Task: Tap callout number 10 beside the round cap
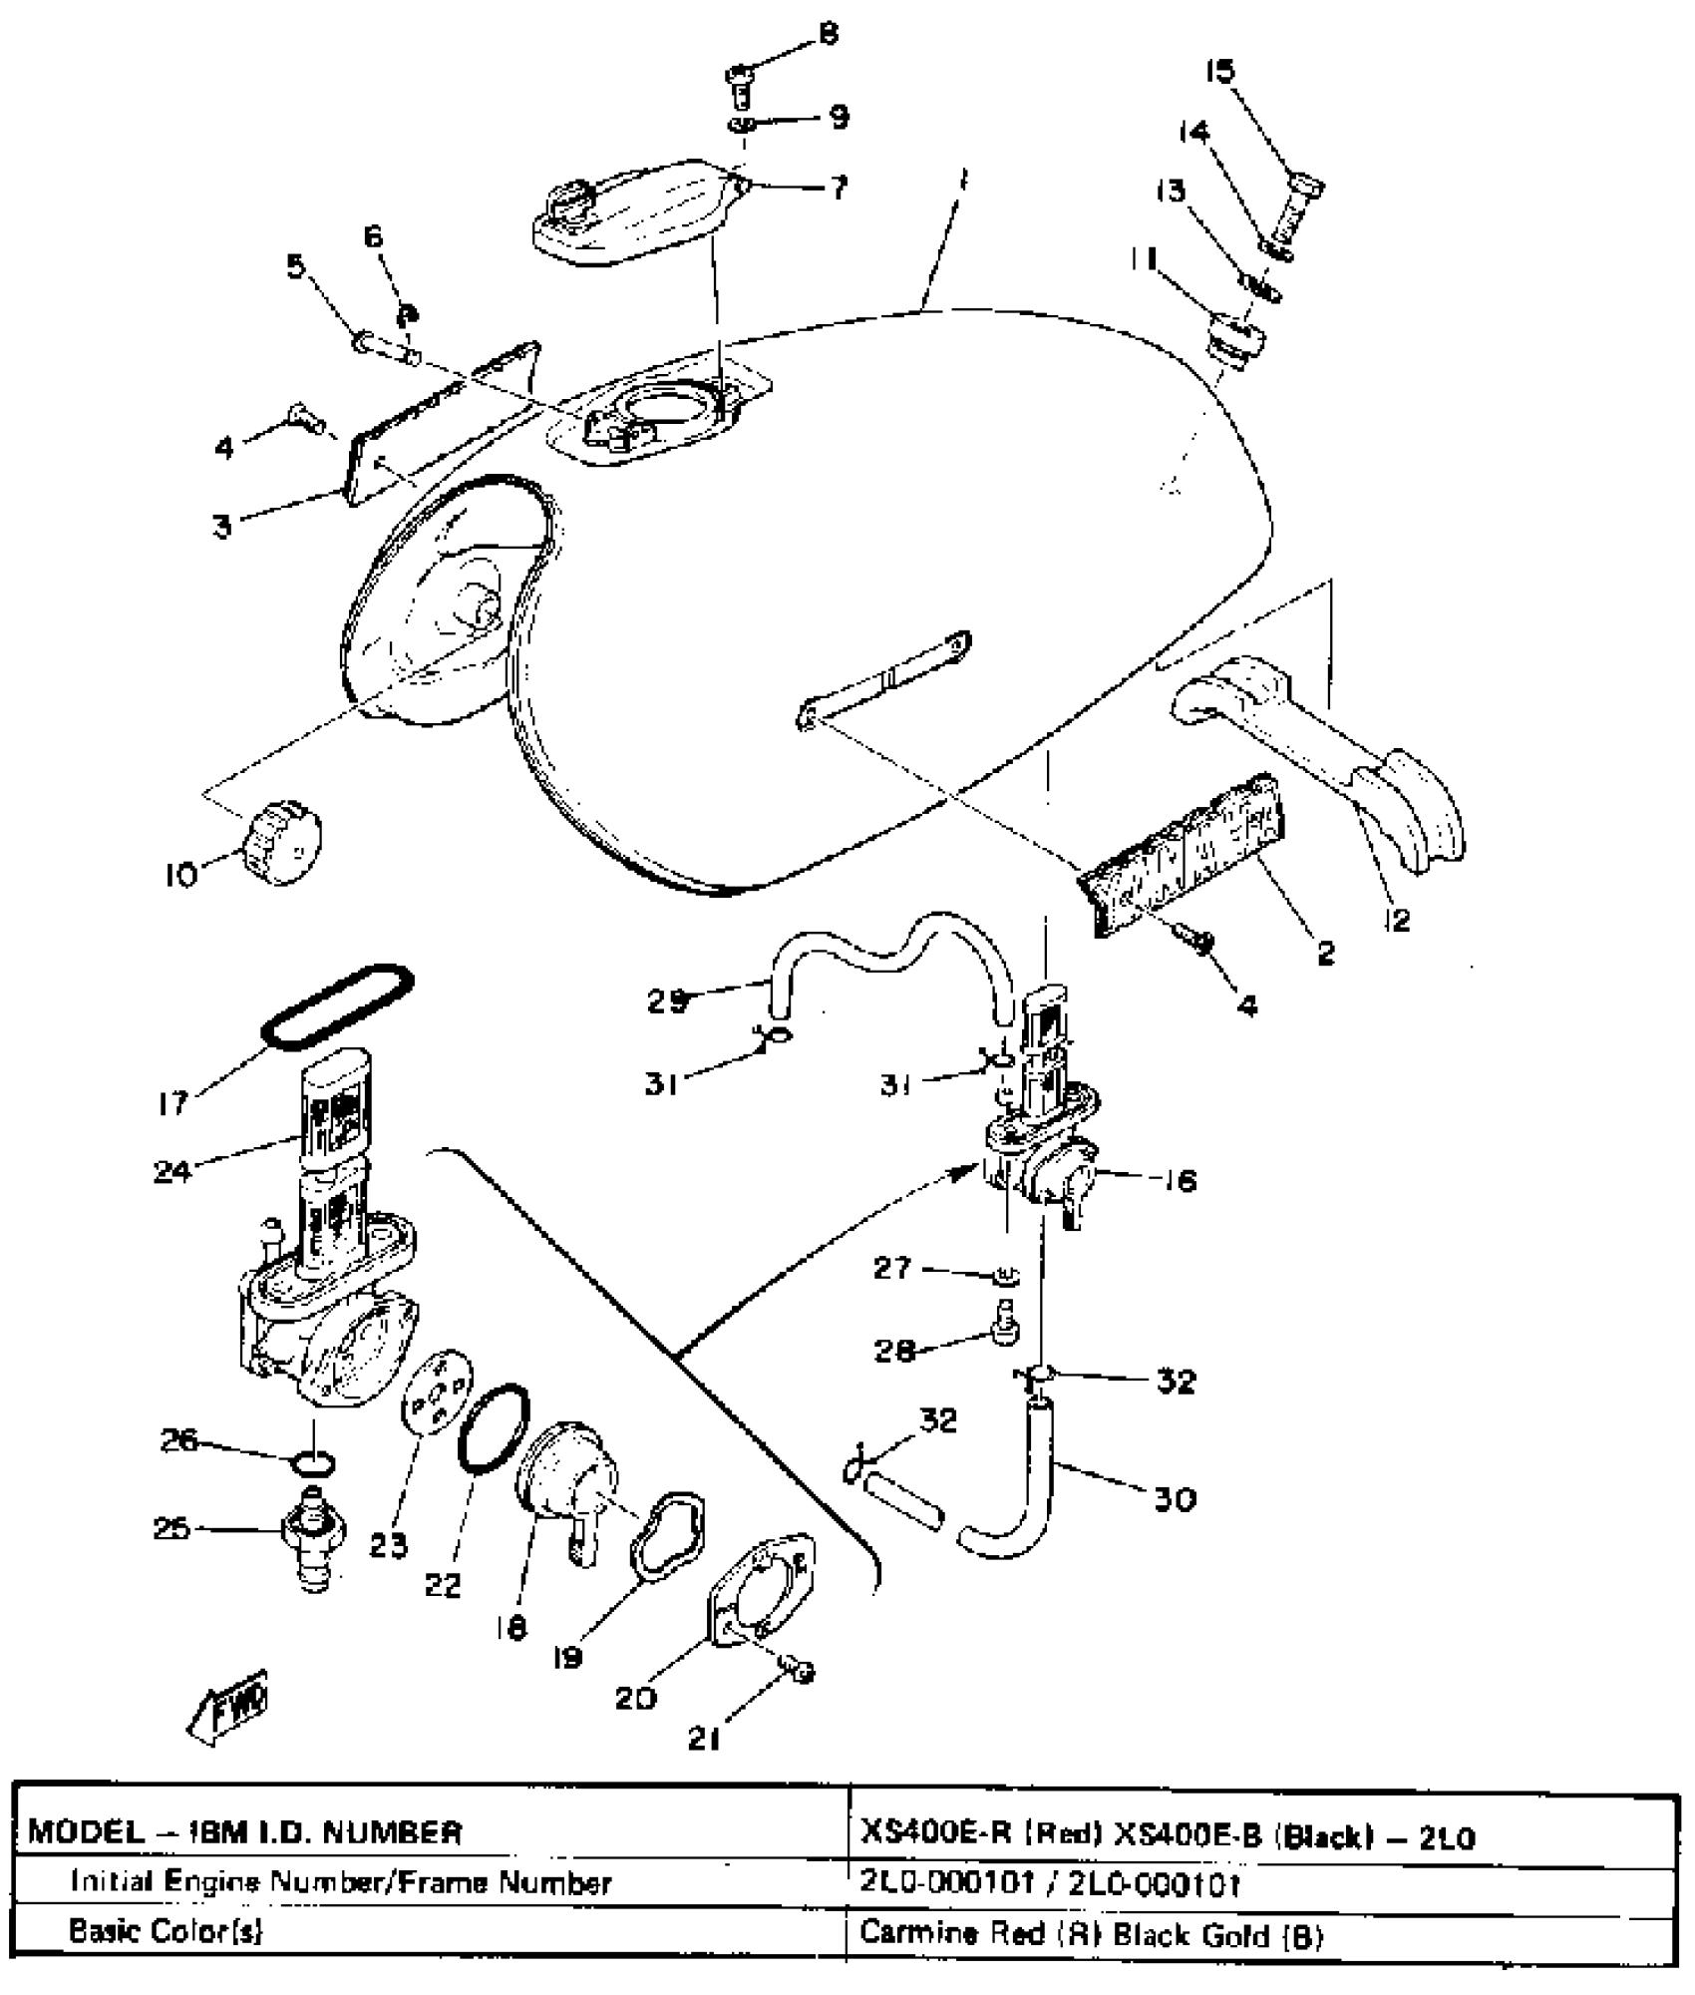pyautogui.click(x=180, y=876)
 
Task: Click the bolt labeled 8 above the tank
pyautogui.click(x=739, y=84)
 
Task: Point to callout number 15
pyautogui.click(x=1219, y=71)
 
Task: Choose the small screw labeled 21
pyautogui.click(x=799, y=1670)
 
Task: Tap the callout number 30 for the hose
pyautogui.click(x=1175, y=1499)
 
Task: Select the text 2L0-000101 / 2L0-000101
pyautogui.click(x=1049, y=1883)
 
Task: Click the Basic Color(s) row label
pyautogui.click(x=166, y=1931)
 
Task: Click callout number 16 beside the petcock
pyautogui.click(x=1180, y=1181)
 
